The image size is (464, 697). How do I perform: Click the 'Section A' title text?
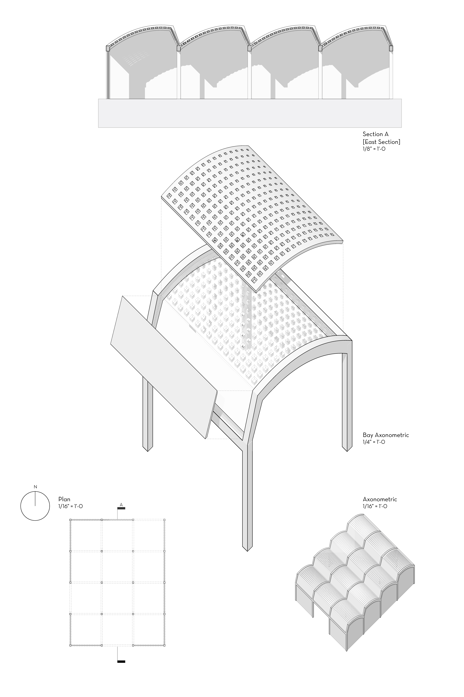pyautogui.click(x=376, y=134)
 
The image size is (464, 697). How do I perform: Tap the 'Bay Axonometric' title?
pyautogui.click(x=386, y=435)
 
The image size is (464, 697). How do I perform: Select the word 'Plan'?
pyautogui.click(x=64, y=499)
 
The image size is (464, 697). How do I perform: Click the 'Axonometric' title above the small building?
pyautogui.click(x=380, y=499)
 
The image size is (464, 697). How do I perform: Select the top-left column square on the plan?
pyautogui.click(x=70, y=520)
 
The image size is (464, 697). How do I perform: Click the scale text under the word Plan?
pyautogui.click(x=70, y=506)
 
